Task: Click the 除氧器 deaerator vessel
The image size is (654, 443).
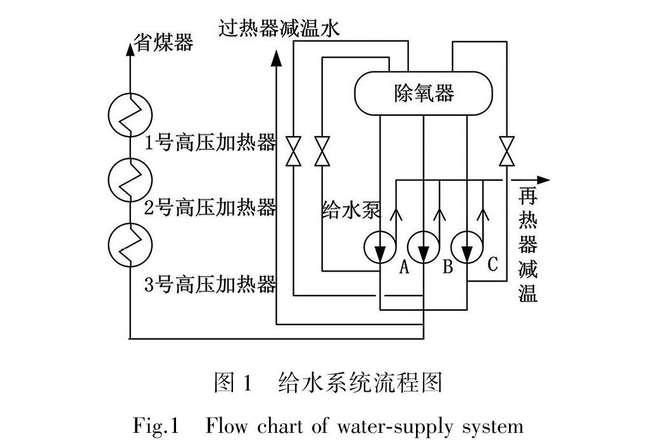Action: click(423, 94)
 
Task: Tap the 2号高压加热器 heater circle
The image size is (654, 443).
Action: click(130, 179)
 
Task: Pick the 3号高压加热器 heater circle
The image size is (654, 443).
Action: click(130, 244)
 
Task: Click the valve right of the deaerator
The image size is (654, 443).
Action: click(506, 150)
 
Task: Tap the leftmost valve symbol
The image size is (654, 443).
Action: click(293, 150)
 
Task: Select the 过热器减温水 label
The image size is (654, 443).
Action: click(279, 28)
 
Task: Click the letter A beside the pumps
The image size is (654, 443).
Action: click(404, 268)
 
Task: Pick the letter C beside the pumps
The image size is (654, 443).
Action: click(492, 264)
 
